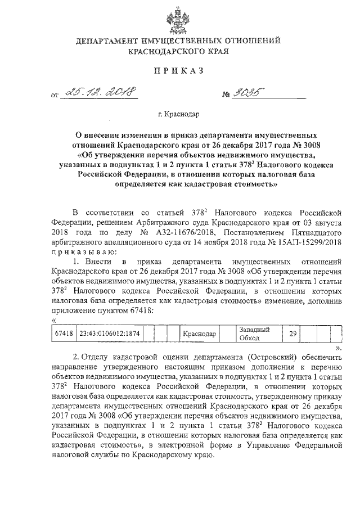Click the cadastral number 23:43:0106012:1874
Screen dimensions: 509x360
tap(109, 334)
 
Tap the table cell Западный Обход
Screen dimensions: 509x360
tap(251, 334)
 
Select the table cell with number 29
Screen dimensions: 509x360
tap(292, 334)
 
